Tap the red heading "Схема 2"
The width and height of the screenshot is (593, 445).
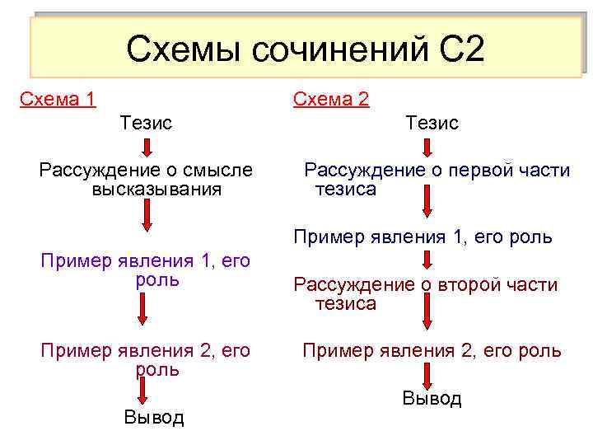coord(331,100)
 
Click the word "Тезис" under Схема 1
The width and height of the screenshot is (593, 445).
coord(146,123)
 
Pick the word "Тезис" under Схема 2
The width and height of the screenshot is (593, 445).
coord(432,123)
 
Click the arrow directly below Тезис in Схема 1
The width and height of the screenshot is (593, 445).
coord(146,148)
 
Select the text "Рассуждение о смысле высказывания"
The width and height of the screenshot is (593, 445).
coord(147,180)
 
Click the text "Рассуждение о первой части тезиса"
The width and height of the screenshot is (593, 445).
coord(437,180)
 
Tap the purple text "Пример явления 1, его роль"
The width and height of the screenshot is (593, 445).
coord(146,270)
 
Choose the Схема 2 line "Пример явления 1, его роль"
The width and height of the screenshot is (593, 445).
coord(423,237)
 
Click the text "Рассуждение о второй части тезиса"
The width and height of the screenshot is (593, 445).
coord(426,294)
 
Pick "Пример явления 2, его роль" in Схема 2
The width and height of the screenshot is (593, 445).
coord(432,351)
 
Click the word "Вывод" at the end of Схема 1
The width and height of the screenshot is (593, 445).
coord(154,417)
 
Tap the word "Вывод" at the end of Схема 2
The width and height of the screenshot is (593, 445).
coord(432,399)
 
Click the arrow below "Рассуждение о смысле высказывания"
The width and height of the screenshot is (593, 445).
coord(146,216)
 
